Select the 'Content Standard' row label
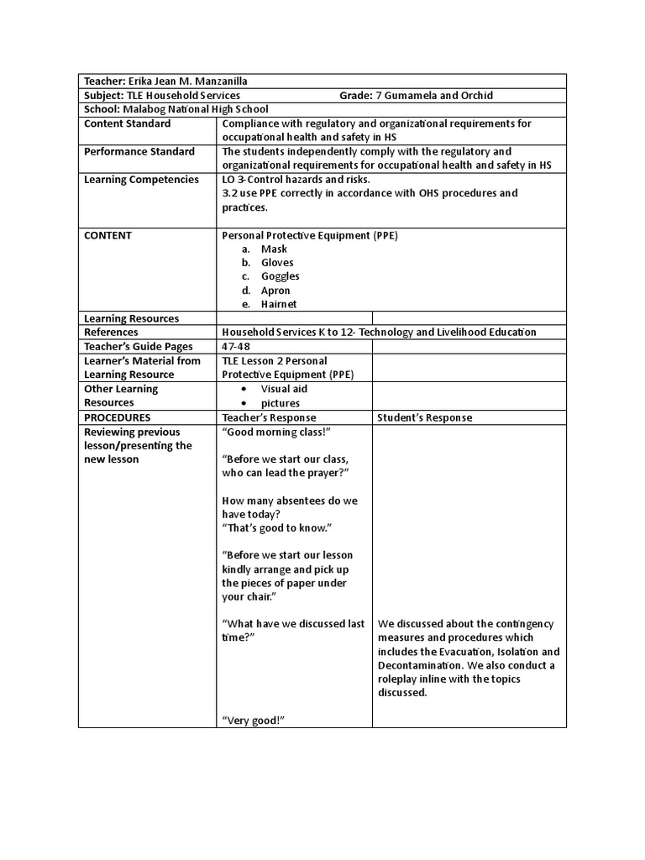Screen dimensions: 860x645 pyautogui.click(x=127, y=123)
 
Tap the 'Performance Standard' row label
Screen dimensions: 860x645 pyautogui.click(x=139, y=151)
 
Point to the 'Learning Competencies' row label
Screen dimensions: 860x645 pyautogui.click(x=142, y=179)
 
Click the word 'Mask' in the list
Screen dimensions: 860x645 pyautogui.click(x=274, y=249)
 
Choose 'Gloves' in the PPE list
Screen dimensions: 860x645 pyautogui.click(x=277, y=263)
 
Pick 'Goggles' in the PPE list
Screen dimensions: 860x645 pyautogui.click(x=280, y=276)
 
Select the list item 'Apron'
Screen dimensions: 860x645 pyautogui.click(x=275, y=291)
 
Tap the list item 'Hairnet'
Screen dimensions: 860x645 pyautogui.click(x=279, y=304)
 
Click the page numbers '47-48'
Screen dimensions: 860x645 pyautogui.click(x=236, y=346)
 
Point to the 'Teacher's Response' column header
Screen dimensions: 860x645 pyautogui.click(x=269, y=417)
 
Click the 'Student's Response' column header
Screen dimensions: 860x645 pyautogui.click(x=424, y=417)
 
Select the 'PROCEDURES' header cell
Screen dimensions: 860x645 pyautogui.click(x=118, y=417)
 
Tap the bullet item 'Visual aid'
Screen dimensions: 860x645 pyautogui.click(x=284, y=389)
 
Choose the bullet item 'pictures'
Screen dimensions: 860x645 pyautogui.click(x=280, y=403)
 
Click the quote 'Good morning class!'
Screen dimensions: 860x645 pyautogui.click(x=275, y=432)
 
